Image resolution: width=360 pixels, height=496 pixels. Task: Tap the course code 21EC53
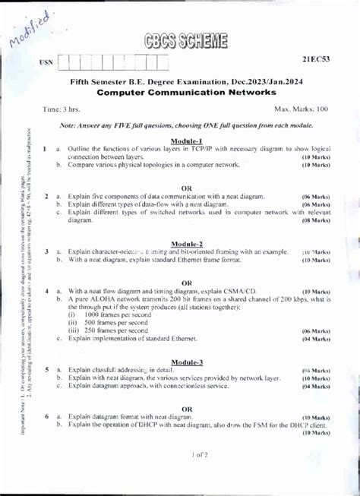[316, 58]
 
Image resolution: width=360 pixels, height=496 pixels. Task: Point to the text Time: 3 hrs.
[62, 110]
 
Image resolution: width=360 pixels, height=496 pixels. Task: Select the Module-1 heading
[186, 141]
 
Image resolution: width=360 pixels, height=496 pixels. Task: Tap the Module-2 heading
[186, 244]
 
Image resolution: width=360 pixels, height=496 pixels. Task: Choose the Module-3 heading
[186, 362]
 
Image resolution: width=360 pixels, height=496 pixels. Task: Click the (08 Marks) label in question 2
[316, 220]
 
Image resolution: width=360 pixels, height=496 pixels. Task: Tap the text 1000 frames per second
[115, 314]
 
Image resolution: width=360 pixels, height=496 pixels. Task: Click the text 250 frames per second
[114, 330]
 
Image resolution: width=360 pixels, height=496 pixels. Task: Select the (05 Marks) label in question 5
[316, 370]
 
